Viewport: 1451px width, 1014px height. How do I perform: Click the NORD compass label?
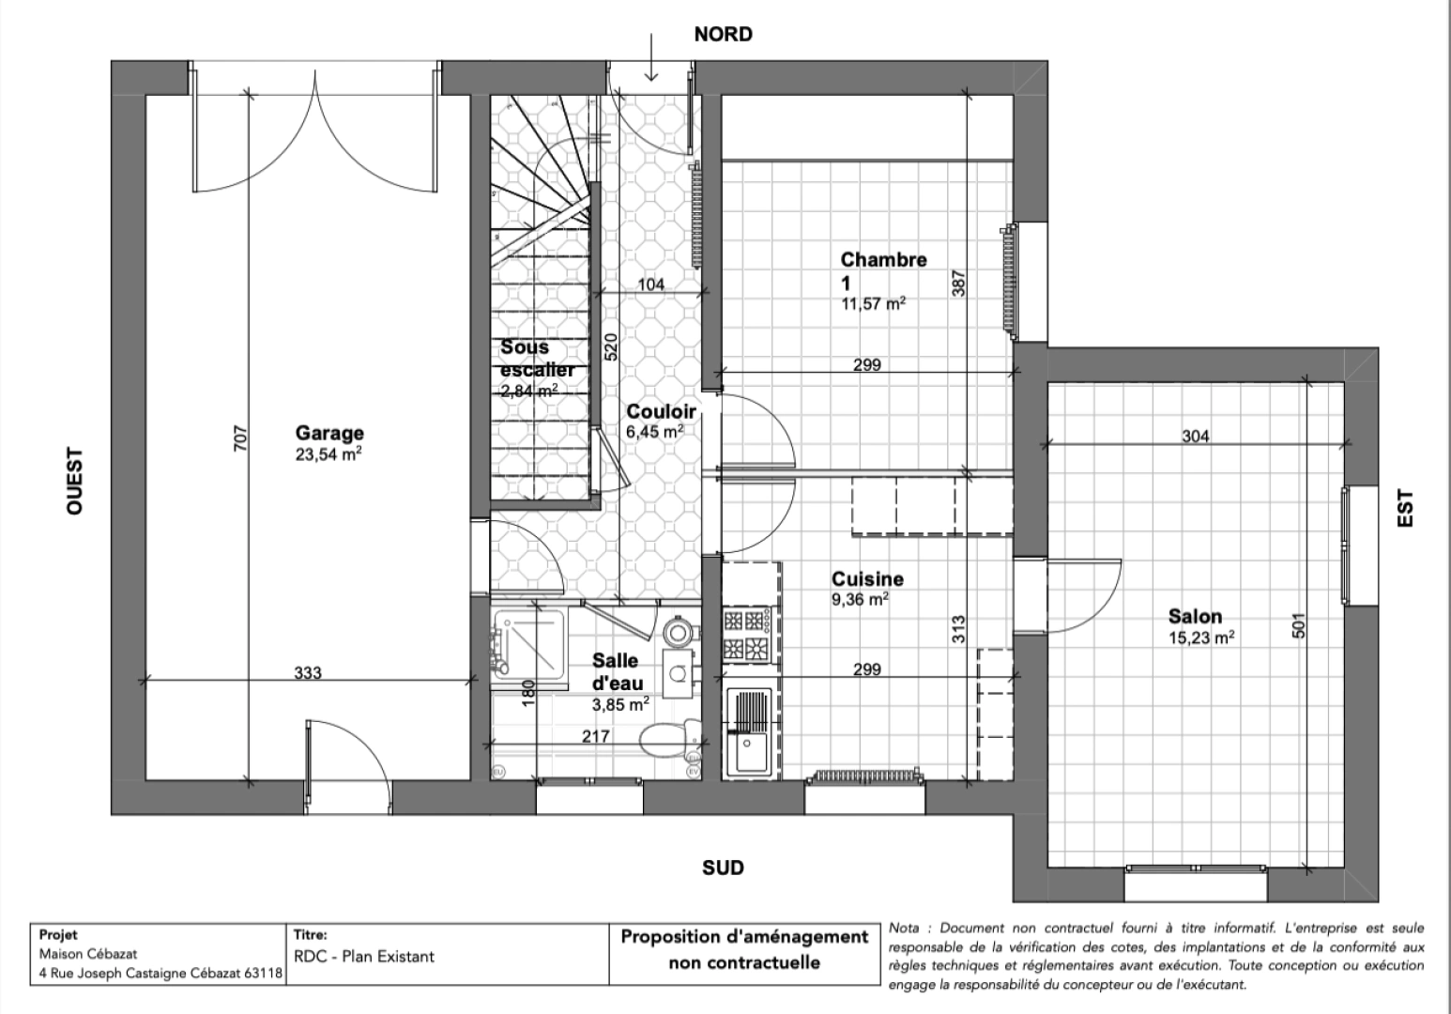click(723, 35)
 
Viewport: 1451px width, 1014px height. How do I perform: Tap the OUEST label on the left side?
click(75, 480)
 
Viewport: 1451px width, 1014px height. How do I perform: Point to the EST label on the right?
click(1405, 509)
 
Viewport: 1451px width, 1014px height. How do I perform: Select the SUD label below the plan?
click(723, 868)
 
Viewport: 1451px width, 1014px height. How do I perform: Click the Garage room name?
click(329, 433)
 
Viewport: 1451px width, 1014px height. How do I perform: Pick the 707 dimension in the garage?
click(239, 439)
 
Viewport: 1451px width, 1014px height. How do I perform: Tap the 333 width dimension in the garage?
click(308, 672)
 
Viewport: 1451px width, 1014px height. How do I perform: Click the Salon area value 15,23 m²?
click(1201, 637)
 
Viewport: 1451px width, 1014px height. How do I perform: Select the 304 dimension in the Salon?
click(1195, 436)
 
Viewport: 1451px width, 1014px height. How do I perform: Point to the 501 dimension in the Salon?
click(1299, 626)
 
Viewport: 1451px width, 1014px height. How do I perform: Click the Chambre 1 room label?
click(882, 269)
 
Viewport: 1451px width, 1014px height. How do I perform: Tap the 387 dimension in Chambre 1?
click(958, 284)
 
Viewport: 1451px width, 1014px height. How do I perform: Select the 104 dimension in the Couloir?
click(650, 284)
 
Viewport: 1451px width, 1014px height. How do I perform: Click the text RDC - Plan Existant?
click(364, 957)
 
